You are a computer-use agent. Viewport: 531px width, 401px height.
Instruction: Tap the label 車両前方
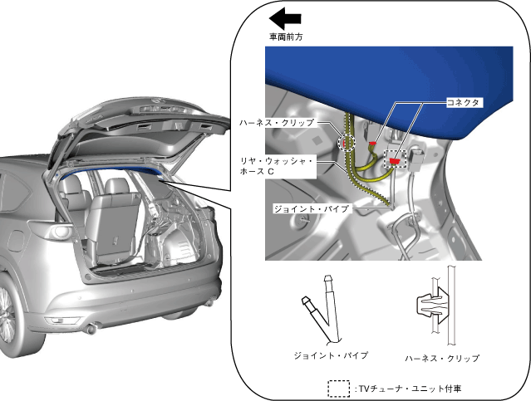tap(285, 37)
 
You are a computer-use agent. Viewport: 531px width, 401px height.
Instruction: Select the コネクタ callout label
tap(461, 102)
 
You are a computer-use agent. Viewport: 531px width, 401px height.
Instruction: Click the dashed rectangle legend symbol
tap(338, 388)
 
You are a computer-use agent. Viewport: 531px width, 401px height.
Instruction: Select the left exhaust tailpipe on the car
tap(93, 330)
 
